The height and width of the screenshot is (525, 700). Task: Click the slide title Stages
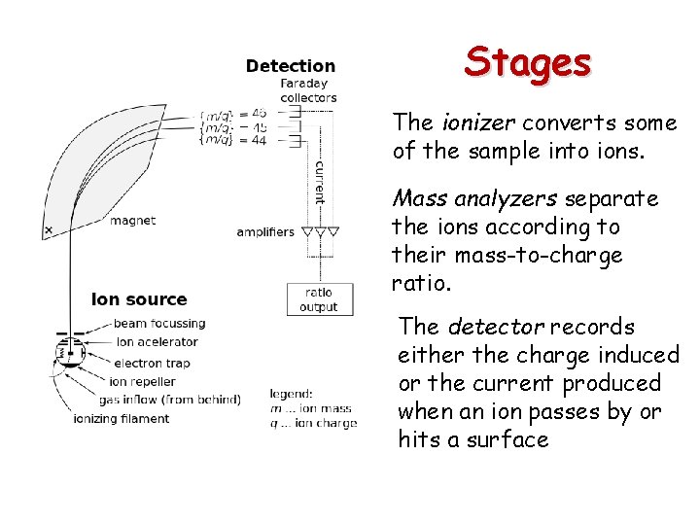(x=527, y=62)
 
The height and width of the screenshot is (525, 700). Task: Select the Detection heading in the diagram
(x=290, y=66)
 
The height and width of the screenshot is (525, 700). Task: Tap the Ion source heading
(x=139, y=299)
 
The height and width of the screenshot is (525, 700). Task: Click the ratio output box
(x=318, y=299)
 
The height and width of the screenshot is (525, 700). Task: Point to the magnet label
(x=132, y=221)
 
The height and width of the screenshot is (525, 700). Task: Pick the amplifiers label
(x=264, y=231)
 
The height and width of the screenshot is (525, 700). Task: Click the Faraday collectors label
(x=308, y=90)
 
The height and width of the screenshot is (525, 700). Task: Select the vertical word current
(x=320, y=183)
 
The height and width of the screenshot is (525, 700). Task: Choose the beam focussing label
(x=159, y=323)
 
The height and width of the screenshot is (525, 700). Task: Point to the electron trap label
(x=152, y=363)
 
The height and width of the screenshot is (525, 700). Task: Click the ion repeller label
(x=143, y=381)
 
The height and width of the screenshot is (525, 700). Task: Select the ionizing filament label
(x=121, y=419)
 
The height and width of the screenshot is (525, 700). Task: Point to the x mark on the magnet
(x=48, y=230)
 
